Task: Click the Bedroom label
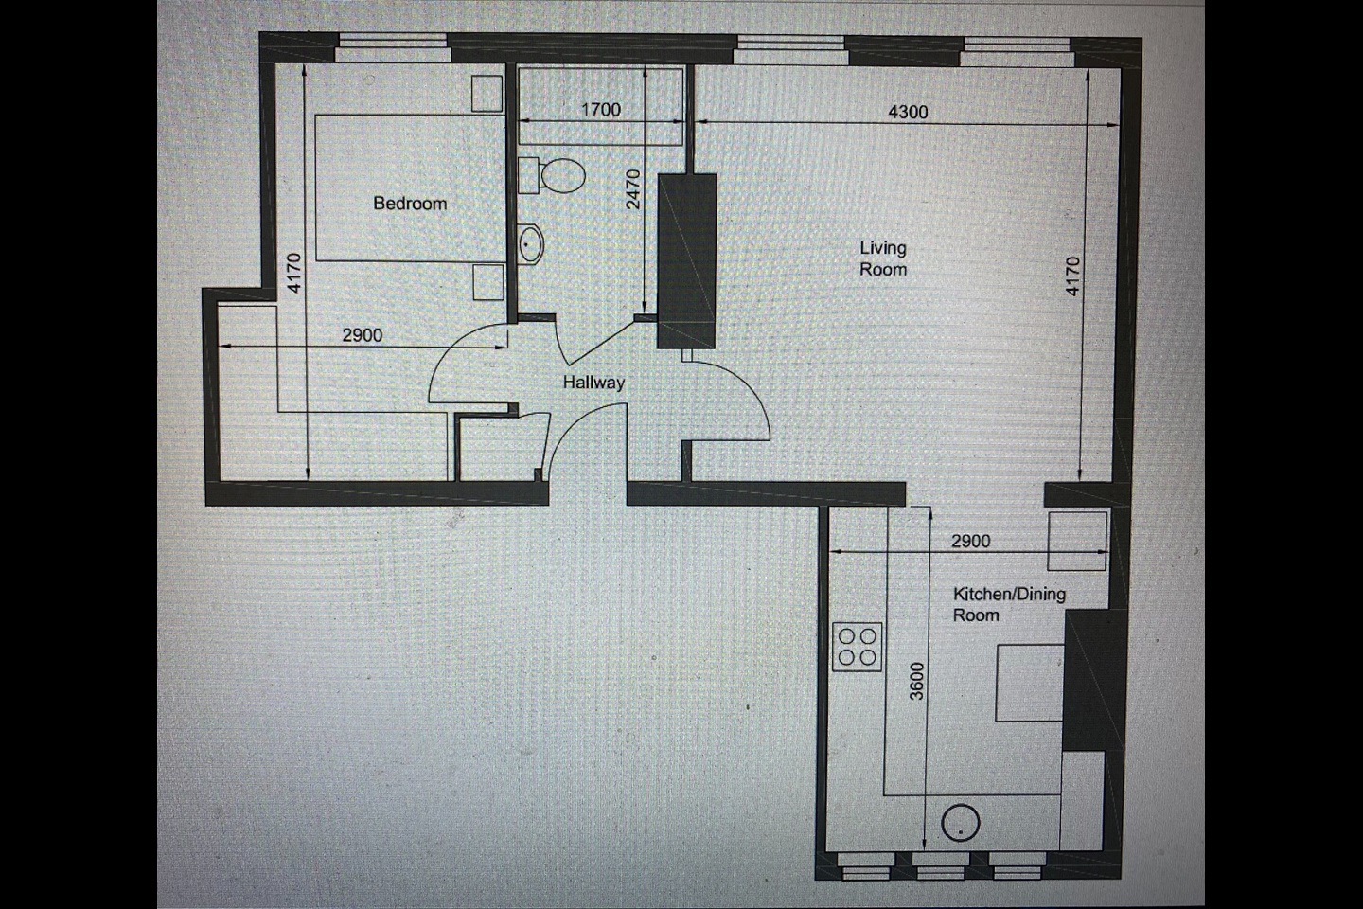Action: tap(409, 203)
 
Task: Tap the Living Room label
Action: tap(882, 258)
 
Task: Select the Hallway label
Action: tap(593, 383)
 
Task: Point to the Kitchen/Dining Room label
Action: tap(1008, 604)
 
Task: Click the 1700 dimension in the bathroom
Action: tap(600, 110)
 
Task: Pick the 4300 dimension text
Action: tap(908, 112)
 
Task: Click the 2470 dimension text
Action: tap(634, 188)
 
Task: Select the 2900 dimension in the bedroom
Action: tap(362, 334)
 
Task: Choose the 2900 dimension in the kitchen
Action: tap(969, 541)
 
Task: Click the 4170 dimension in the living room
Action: tap(1071, 276)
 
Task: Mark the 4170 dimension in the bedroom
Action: tap(294, 272)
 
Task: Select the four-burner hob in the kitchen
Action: tap(858, 648)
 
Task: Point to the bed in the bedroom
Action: tap(409, 187)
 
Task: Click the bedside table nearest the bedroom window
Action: tap(489, 93)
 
